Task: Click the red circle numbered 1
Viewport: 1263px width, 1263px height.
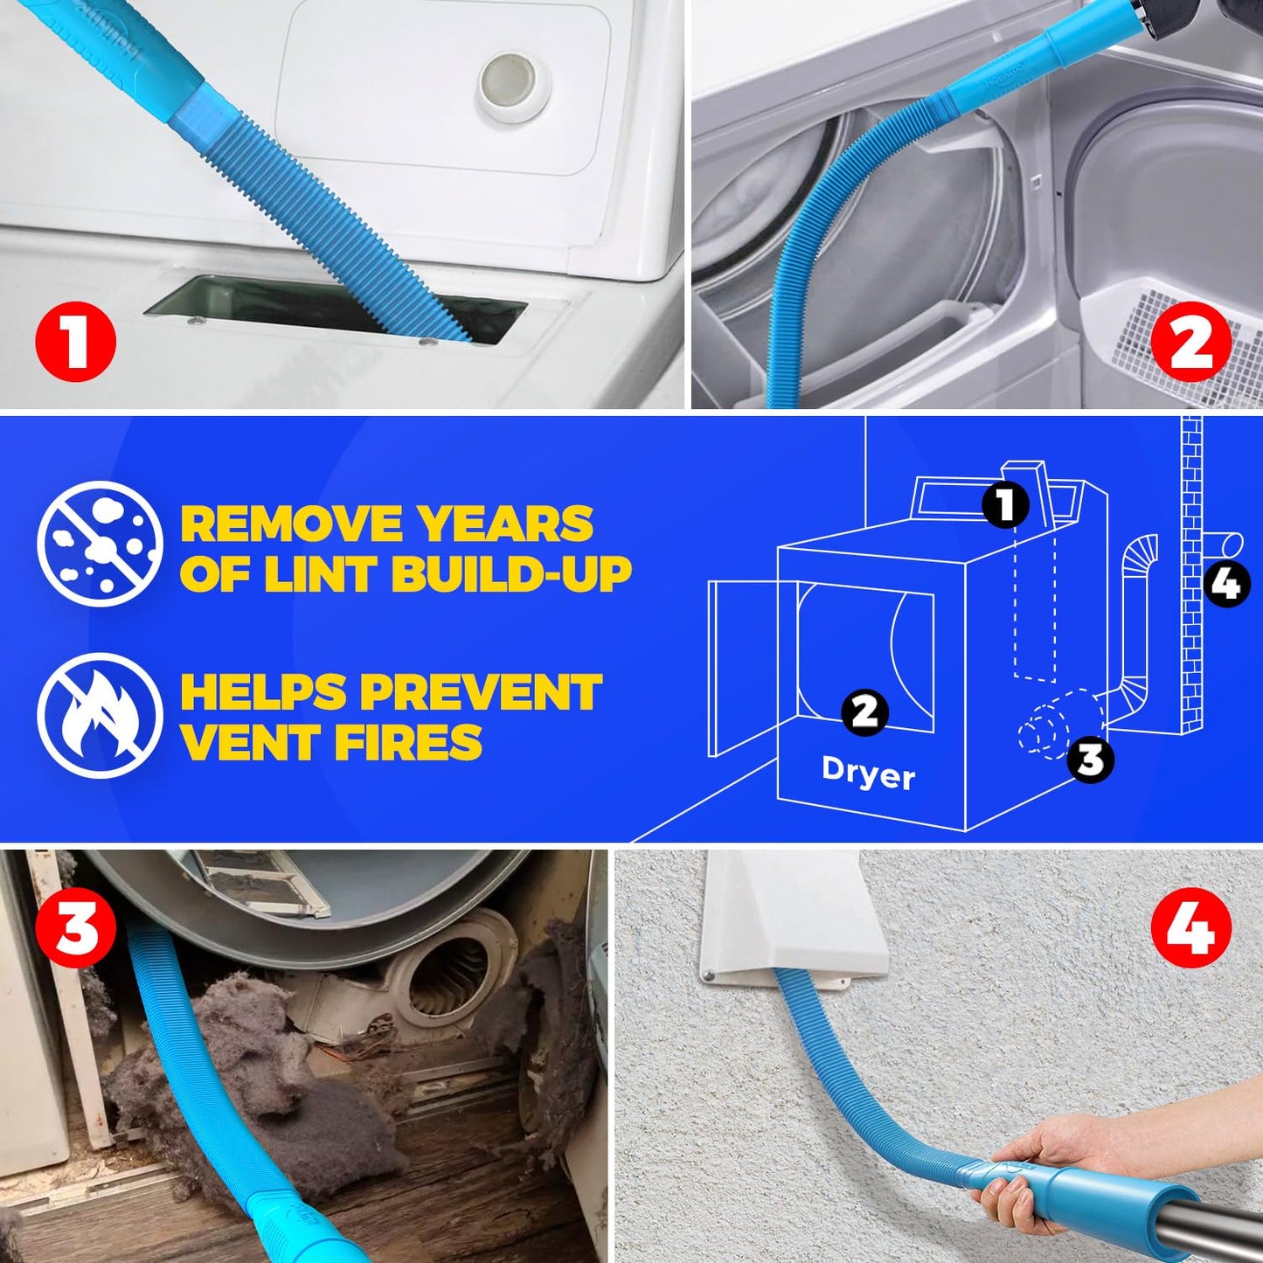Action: point(75,340)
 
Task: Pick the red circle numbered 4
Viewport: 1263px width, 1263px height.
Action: point(1190,927)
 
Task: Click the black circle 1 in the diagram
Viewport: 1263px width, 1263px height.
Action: point(1005,504)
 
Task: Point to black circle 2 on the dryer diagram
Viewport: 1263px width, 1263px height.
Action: point(864,711)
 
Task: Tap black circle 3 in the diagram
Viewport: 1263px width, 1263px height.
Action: point(1090,759)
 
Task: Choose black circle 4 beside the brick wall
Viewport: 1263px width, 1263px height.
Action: point(1227,583)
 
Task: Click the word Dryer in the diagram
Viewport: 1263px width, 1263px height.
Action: point(868,774)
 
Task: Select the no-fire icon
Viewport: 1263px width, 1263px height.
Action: point(100,715)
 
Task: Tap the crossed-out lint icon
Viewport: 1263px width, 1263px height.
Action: point(100,544)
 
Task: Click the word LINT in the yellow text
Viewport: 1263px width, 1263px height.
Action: point(323,574)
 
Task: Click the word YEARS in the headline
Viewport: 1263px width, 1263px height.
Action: point(504,524)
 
